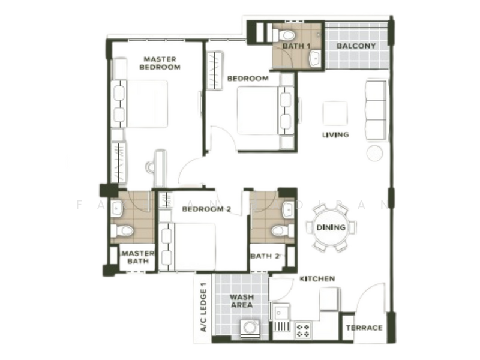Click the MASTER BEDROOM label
160,63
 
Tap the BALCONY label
356,46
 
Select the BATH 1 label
296,46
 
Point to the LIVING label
335,134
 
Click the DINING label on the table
331,227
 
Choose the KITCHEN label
317,279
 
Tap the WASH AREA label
241,301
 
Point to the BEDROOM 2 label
198,209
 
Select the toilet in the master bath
124,230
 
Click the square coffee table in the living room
335,113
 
